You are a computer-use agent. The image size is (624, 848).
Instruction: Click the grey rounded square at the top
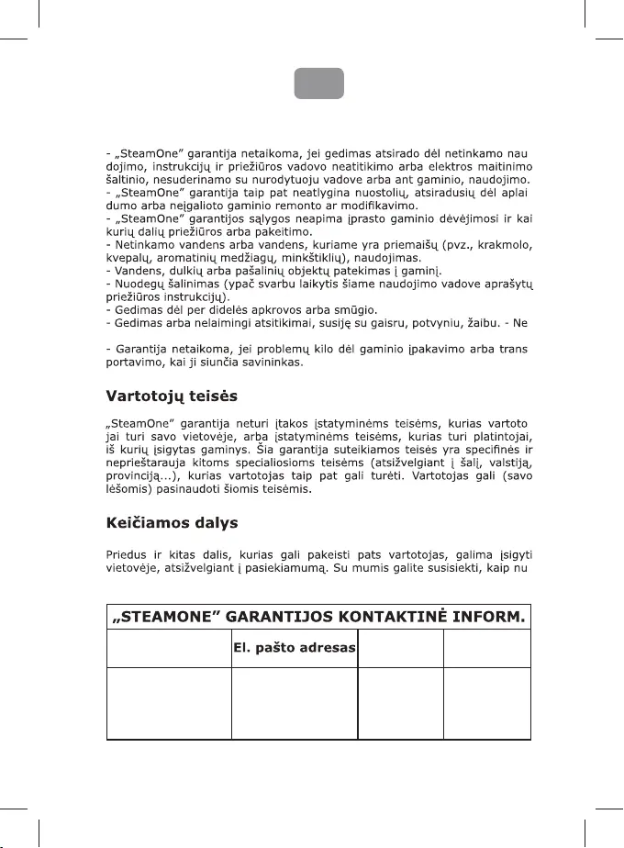[x=318, y=83]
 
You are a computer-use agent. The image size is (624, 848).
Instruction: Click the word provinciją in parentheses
[x=136, y=475]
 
